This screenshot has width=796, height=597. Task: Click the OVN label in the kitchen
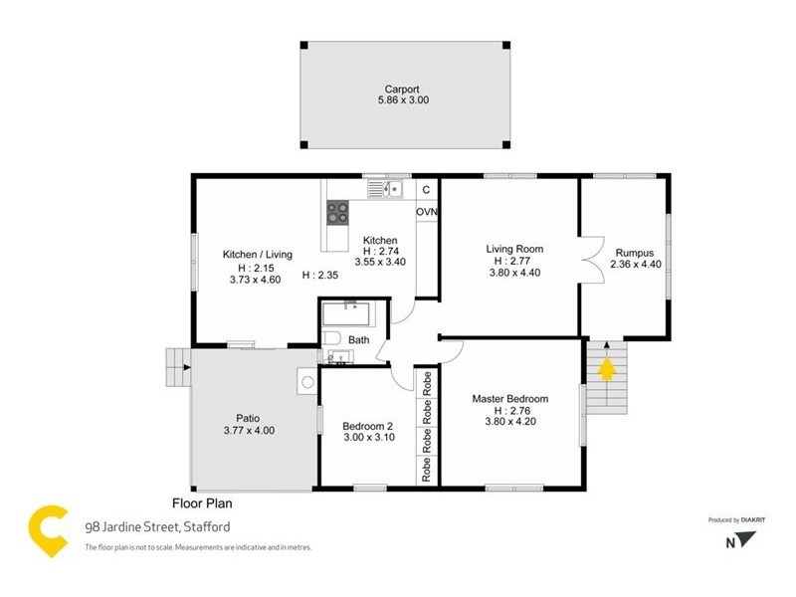(x=427, y=212)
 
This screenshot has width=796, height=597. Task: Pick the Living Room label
(x=513, y=249)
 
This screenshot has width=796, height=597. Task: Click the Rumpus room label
(x=633, y=253)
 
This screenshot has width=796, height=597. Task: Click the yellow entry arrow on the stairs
(x=604, y=370)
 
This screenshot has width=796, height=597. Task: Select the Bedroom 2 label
(x=368, y=425)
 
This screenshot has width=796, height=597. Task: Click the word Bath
(x=358, y=340)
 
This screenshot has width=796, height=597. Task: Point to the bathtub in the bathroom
(x=347, y=315)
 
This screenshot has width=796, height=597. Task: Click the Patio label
(x=248, y=418)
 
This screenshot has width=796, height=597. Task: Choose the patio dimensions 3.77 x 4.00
(x=248, y=431)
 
